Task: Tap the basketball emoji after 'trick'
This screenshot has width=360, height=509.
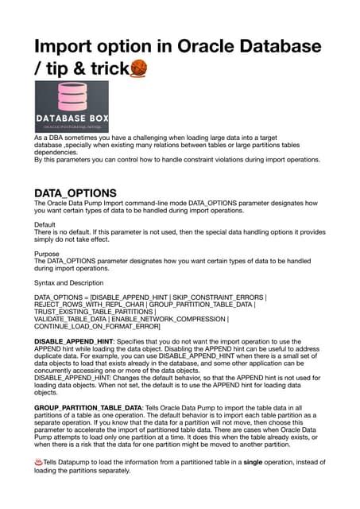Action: pyautogui.click(x=139, y=71)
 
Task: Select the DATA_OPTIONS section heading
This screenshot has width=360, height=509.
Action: pyautogui.click(x=75, y=193)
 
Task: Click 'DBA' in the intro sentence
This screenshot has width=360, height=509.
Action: pyautogui.click(x=55, y=138)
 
